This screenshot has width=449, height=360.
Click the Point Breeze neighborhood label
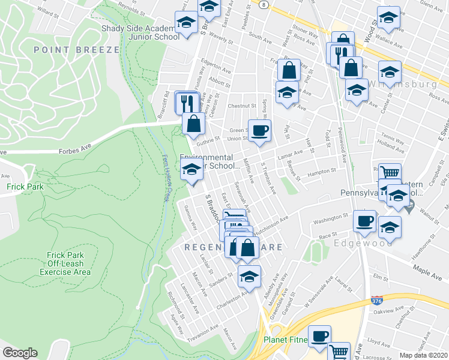tap(77, 50)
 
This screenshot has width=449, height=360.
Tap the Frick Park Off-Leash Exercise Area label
tap(65, 263)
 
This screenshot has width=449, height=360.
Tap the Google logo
tap(20, 353)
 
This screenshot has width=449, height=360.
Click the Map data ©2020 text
tap(423, 355)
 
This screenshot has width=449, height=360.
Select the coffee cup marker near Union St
tap(259, 129)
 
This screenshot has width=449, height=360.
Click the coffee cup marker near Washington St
tap(364, 220)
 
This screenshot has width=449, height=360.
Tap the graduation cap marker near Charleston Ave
tap(249, 275)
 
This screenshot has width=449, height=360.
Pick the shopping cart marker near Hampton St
tap(390, 173)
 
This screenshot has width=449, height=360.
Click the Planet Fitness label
tap(286, 340)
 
